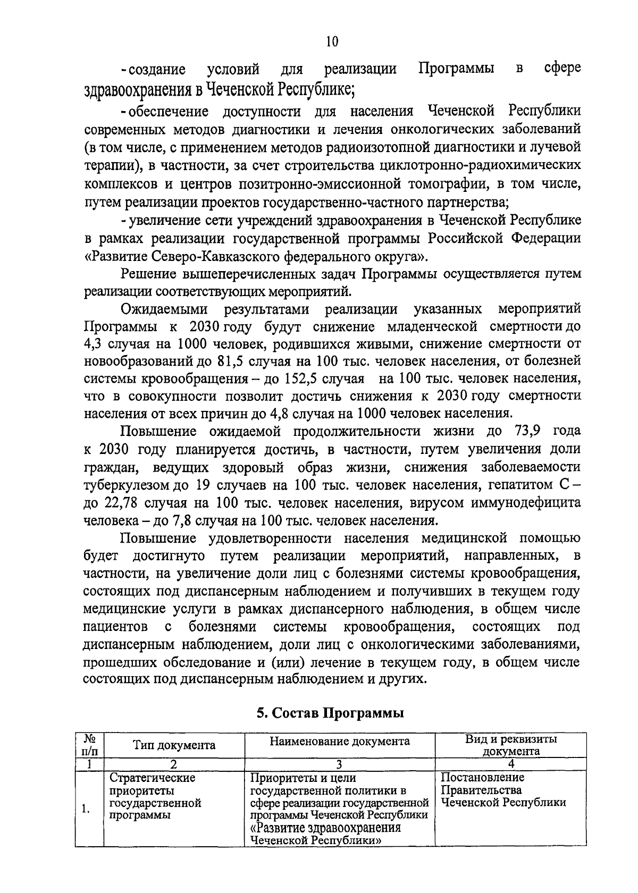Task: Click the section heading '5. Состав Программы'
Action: (x=330, y=713)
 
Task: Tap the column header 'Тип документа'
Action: (x=174, y=745)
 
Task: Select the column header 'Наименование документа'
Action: (x=339, y=741)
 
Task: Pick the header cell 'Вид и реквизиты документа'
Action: (x=511, y=745)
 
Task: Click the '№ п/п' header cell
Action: (x=89, y=745)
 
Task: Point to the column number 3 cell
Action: (x=339, y=764)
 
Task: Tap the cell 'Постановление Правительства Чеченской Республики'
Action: (x=503, y=790)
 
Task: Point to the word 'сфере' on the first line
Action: (x=563, y=69)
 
